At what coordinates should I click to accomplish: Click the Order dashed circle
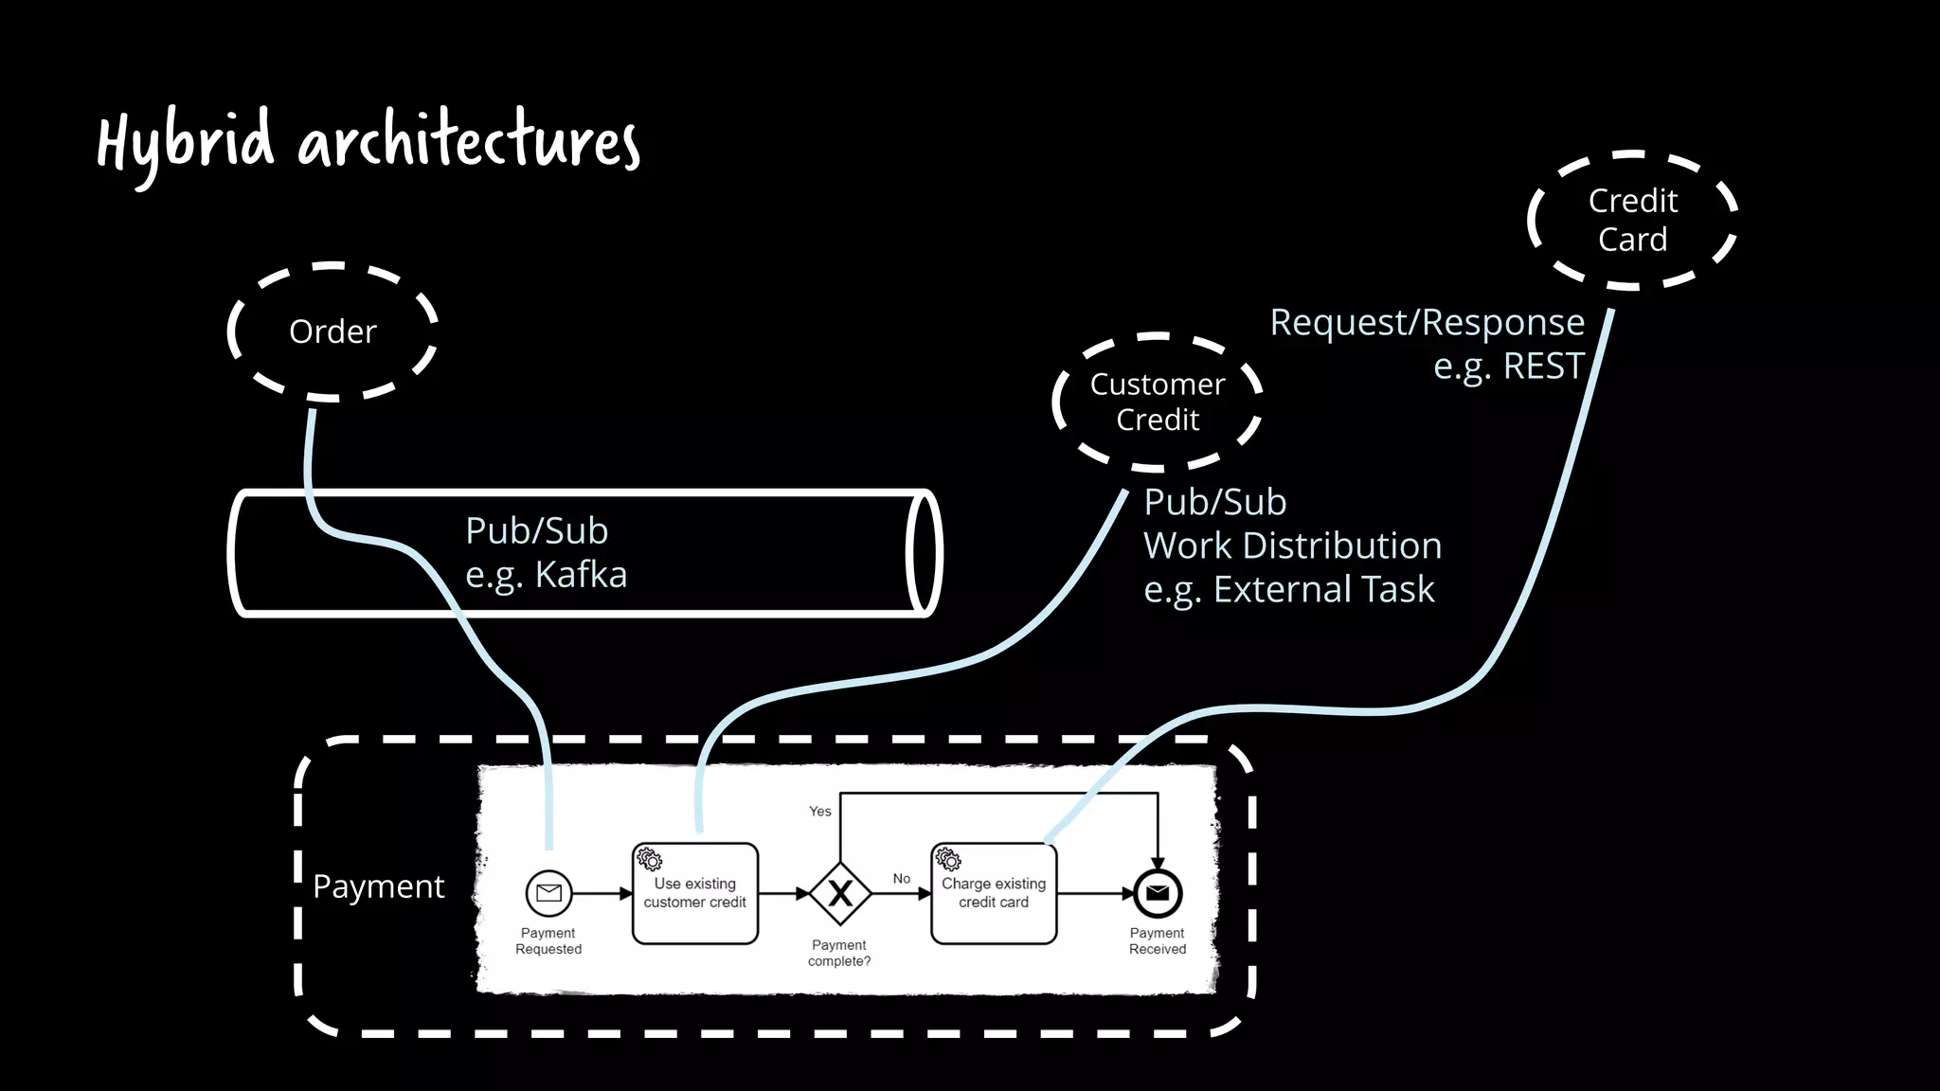pos(332,331)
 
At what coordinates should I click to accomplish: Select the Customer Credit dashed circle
pos(1158,402)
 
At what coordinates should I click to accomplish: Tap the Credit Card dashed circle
pos(1632,220)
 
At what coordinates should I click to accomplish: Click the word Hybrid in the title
pos(186,142)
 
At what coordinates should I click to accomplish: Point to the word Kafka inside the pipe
pos(581,575)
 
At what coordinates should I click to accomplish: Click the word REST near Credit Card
pos(1543,366)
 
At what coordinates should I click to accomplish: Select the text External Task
pos(1323,589)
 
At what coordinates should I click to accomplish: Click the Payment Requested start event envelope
pos(548,893)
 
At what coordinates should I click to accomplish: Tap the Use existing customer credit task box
pos(695,894)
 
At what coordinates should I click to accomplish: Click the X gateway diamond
pos(840,893)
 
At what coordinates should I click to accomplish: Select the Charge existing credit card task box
pos(994,894)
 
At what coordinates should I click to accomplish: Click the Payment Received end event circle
pos(1158,893)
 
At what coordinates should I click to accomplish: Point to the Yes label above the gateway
pos(820,812)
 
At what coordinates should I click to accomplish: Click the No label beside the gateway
pos(902,879)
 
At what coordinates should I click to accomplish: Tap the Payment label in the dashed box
pos(379,886)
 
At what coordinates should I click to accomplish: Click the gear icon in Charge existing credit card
pos(948,859)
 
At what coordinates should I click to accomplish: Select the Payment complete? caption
pos(839,953)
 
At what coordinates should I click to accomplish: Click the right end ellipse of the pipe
pos(924,553)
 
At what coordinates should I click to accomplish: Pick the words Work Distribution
pos(1292,545)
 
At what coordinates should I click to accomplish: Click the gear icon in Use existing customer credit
pos(650,859)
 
